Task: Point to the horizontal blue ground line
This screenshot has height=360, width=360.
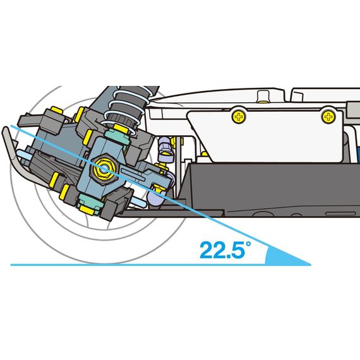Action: coord(160,265)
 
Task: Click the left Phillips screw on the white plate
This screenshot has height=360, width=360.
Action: coord(239,117)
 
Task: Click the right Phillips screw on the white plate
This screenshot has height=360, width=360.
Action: coord(328,117)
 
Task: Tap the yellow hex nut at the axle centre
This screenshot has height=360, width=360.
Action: coord(104,169)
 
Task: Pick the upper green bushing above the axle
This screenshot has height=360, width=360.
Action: coord(117,136)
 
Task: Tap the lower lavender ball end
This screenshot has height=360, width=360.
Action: coord(156,195)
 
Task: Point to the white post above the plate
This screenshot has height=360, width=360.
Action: coord(263,96)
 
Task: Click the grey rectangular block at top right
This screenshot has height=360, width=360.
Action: coord(353,111)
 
